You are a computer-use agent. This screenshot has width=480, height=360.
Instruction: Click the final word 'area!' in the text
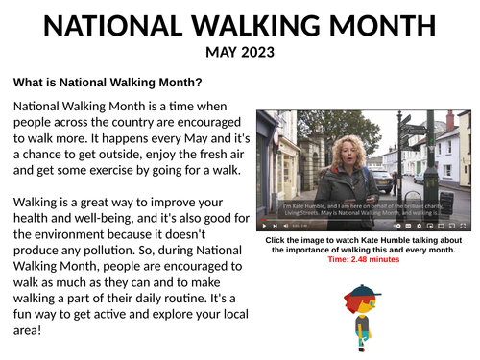coord(31,330)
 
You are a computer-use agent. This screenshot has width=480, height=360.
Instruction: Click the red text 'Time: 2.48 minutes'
coord(363,259)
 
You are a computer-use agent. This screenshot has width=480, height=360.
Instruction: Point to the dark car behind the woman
coord(384,179)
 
